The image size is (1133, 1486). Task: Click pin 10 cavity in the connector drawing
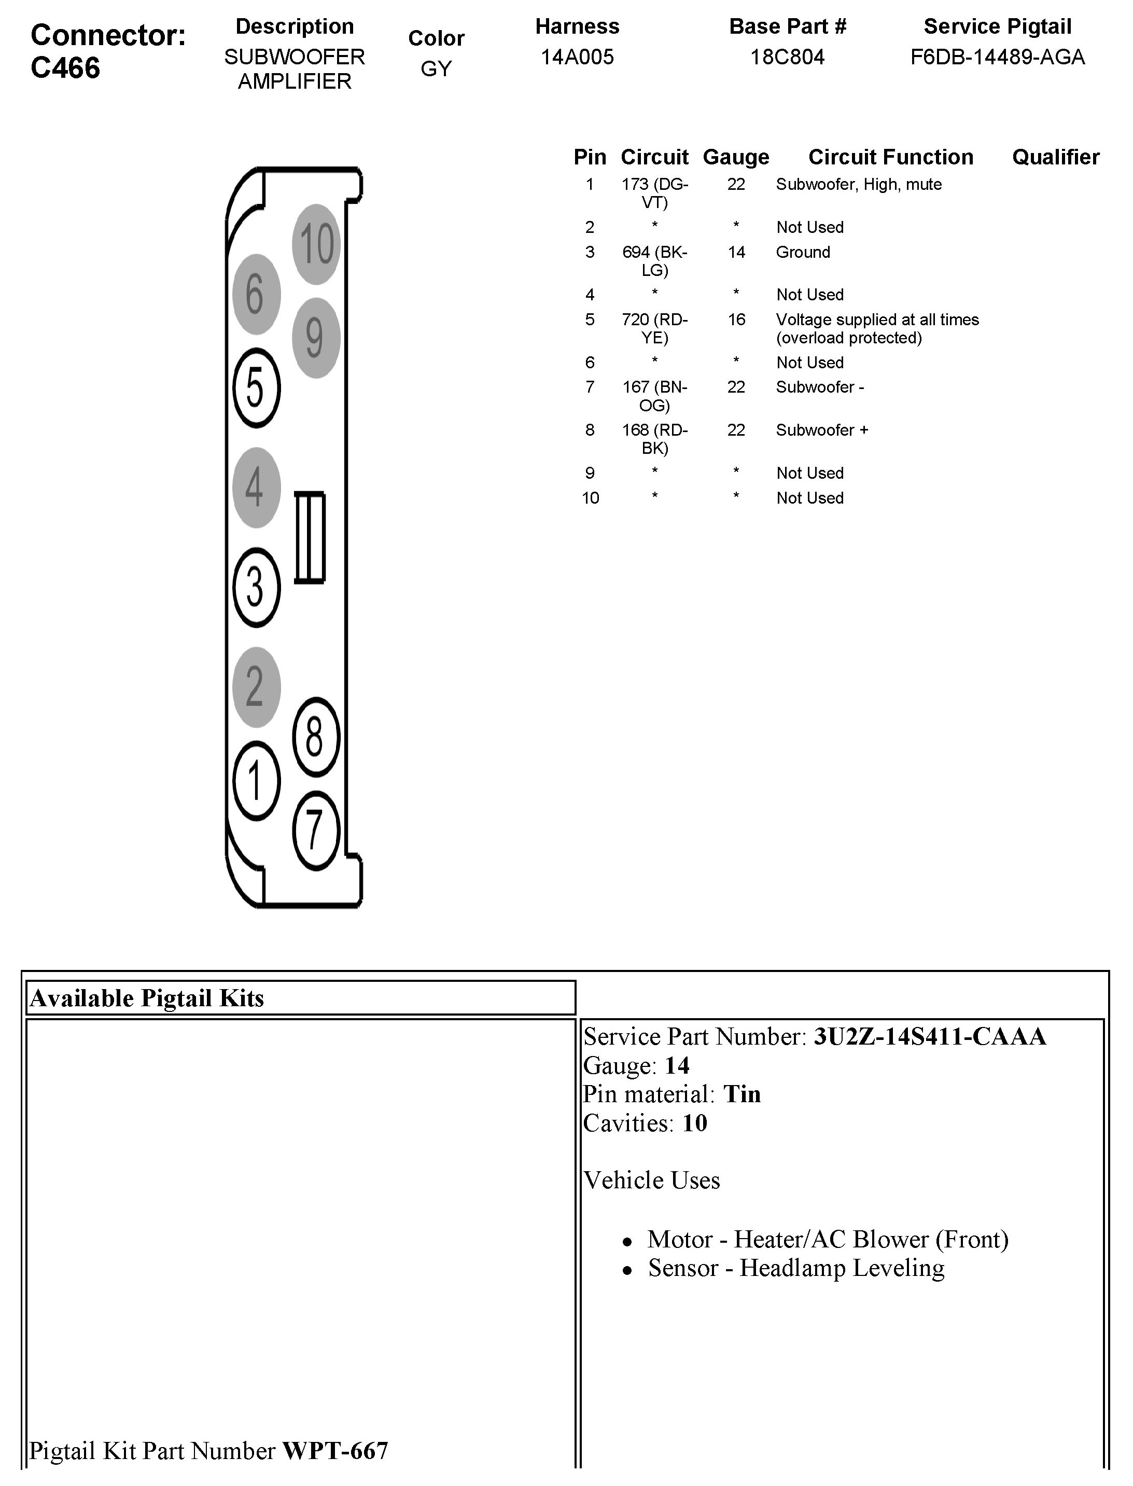click(x=316, y=243)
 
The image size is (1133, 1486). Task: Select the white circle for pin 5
click(x=256, y=388)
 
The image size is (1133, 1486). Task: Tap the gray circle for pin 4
click(x=256, y=487)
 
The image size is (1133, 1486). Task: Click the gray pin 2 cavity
click(x=256, y=687)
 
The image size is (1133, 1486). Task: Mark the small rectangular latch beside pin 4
click(x=310, y=537)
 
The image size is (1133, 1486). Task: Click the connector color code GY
click(x=436, y=69)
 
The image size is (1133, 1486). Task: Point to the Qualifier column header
click(x=1055, y=157)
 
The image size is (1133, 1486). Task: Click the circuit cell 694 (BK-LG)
click(x=654, y=261)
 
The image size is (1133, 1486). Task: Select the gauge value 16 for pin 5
click(x=736, y=320)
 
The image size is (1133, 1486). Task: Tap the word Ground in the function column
click(x=803, y=252)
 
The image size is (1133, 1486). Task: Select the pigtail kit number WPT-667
click(x=335, y=1450)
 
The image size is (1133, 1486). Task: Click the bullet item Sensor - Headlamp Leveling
click(x=796, y=1268)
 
